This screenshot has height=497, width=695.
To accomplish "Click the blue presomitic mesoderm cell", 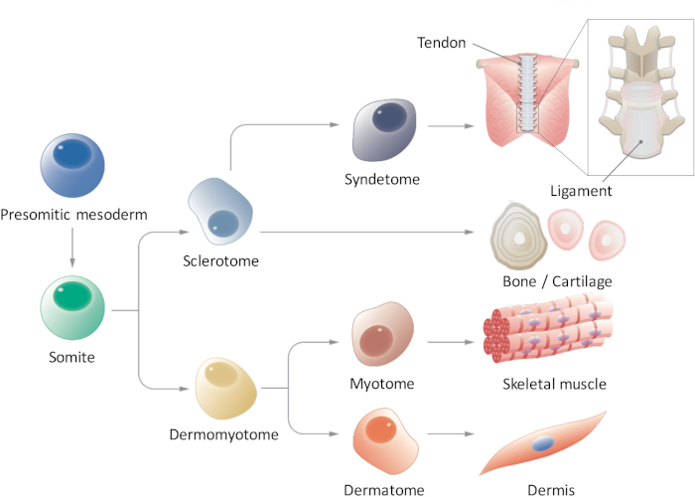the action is (x=72, y=165).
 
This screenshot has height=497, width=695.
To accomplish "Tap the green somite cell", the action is (x=72, y=308).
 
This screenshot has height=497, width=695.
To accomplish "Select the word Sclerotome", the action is (x=220, y=260).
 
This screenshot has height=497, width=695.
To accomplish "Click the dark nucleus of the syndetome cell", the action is (x=389, y=117).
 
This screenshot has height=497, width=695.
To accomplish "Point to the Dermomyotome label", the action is (x=223, y=434).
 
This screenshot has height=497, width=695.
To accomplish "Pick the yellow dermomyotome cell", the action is (x=226, y=389).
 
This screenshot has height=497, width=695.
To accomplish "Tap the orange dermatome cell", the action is (x=386, y=440).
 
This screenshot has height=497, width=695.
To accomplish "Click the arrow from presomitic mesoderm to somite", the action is (x=72, y=248).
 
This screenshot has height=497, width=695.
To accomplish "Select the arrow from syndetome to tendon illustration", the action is (x=451, y=126).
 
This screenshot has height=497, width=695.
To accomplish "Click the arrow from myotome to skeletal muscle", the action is (x=451, y=342).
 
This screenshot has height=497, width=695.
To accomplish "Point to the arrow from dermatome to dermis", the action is (x=451, y=433).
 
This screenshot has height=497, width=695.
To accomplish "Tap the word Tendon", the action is (x=442, y=43).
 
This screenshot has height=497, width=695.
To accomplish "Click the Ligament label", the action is (x=581, y=191).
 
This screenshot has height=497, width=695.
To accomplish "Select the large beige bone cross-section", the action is (x=518, y=237).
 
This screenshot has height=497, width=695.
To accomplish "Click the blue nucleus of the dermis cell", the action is (x=543, y=443).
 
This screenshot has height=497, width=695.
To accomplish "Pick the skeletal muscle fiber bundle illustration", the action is (x=548, y=327).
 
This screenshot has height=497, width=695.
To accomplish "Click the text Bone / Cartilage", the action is (x=557, y=281).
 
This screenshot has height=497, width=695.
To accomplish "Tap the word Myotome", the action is (x=382, y=384).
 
